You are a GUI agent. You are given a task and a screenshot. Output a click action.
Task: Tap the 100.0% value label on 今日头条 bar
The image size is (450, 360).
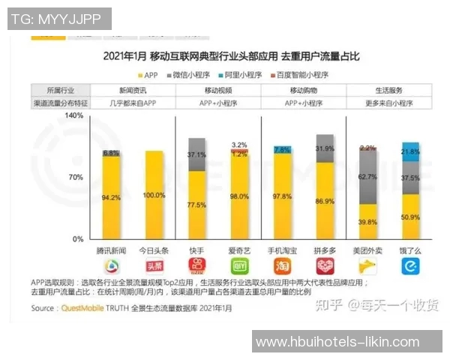pos(154,195)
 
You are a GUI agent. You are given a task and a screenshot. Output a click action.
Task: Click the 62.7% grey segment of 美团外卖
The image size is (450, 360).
pos(367,178)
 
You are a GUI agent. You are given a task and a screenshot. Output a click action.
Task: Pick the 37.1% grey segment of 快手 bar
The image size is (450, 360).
pos(196,154)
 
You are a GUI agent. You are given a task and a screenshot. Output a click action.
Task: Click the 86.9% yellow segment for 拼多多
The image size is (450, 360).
pos(325,201)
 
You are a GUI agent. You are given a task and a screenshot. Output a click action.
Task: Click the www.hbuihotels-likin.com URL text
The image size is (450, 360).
pos(337,342)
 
